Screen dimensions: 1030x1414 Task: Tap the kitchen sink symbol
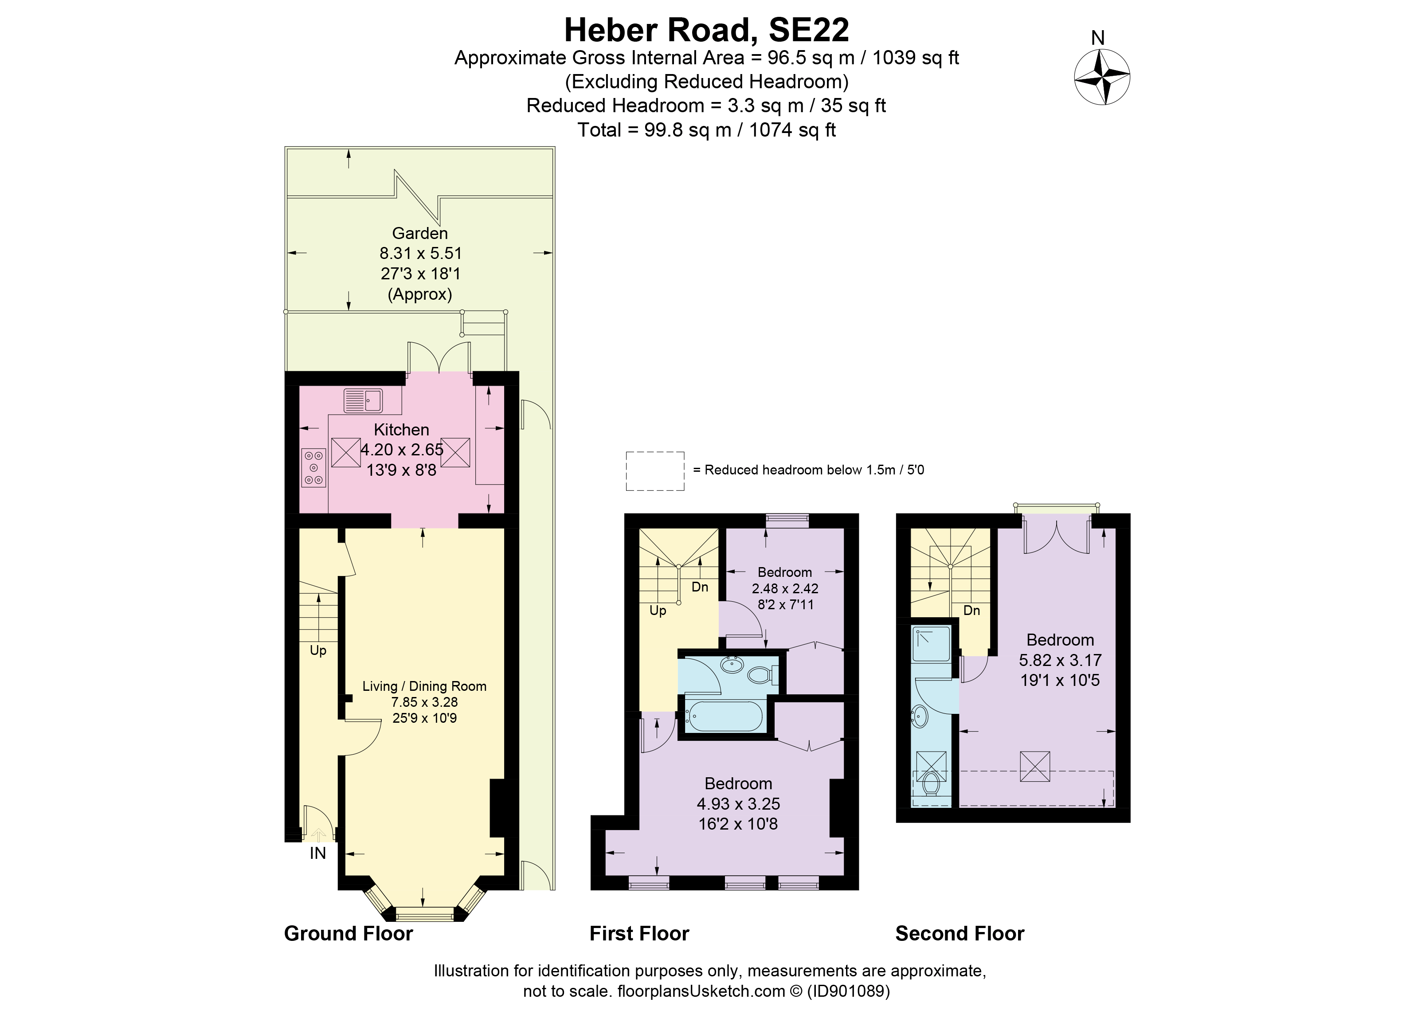pyautogui.click(x=363, y=400)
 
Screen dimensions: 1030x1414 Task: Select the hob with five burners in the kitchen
pyautogui.click(x=313, y=468)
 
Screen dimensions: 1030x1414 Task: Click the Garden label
pyautogui.click(x=419, y=233)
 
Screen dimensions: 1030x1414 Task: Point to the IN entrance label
pyautogui.click(x=318, y=854)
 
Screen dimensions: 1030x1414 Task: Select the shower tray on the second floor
pyautogui.click(x=931, y=645)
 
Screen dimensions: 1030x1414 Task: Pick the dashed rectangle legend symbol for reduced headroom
pyautogui.click(x=654, y=471)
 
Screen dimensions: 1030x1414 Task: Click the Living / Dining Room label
pyautogui.click(x=424, y=686)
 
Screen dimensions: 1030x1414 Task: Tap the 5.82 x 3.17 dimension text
pyautogui.click(x=1060, y=660)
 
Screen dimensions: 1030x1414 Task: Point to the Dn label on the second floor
pyautogui.click(x=971, y=611)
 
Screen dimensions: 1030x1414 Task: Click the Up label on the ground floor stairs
pyautogui.click(x=318, y=650)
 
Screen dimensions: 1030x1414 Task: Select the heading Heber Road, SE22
pyautogui.click(x=706, y=29)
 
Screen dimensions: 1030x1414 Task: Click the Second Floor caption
pyautogui.click(x=960, y=933)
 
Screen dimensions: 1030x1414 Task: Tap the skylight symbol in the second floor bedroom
pyautogui.click(x=1035, y=766)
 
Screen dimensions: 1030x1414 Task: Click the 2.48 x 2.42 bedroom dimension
pyautogui.click(x=785, y=588)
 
